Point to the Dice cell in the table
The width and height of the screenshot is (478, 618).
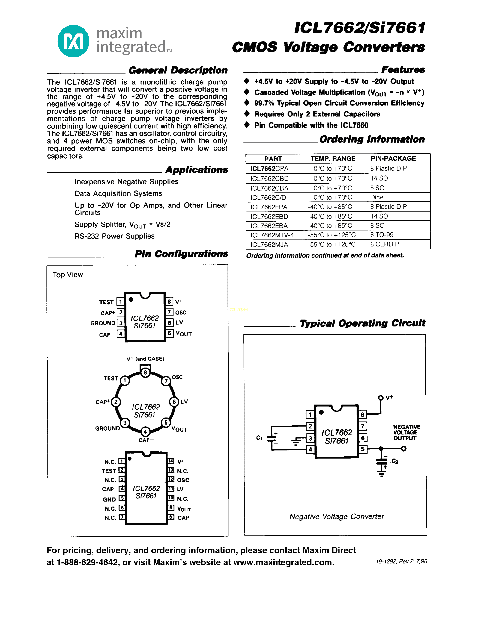(x=377, y=197)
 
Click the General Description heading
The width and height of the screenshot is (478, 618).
(x=178, y=70)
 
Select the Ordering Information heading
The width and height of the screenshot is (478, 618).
(x=372, y=140)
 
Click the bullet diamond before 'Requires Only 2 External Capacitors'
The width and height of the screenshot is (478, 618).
(x=247, y=114)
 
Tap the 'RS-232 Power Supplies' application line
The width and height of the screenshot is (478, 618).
(x=114, y=236)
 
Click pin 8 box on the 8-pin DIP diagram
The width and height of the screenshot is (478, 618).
(x=169, y=301)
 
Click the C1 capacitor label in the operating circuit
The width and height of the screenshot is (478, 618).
(x=259, y=438)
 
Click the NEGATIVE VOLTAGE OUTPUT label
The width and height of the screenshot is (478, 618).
(x=407, y=432)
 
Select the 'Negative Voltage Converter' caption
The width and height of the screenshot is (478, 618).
(x=337, y=517)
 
